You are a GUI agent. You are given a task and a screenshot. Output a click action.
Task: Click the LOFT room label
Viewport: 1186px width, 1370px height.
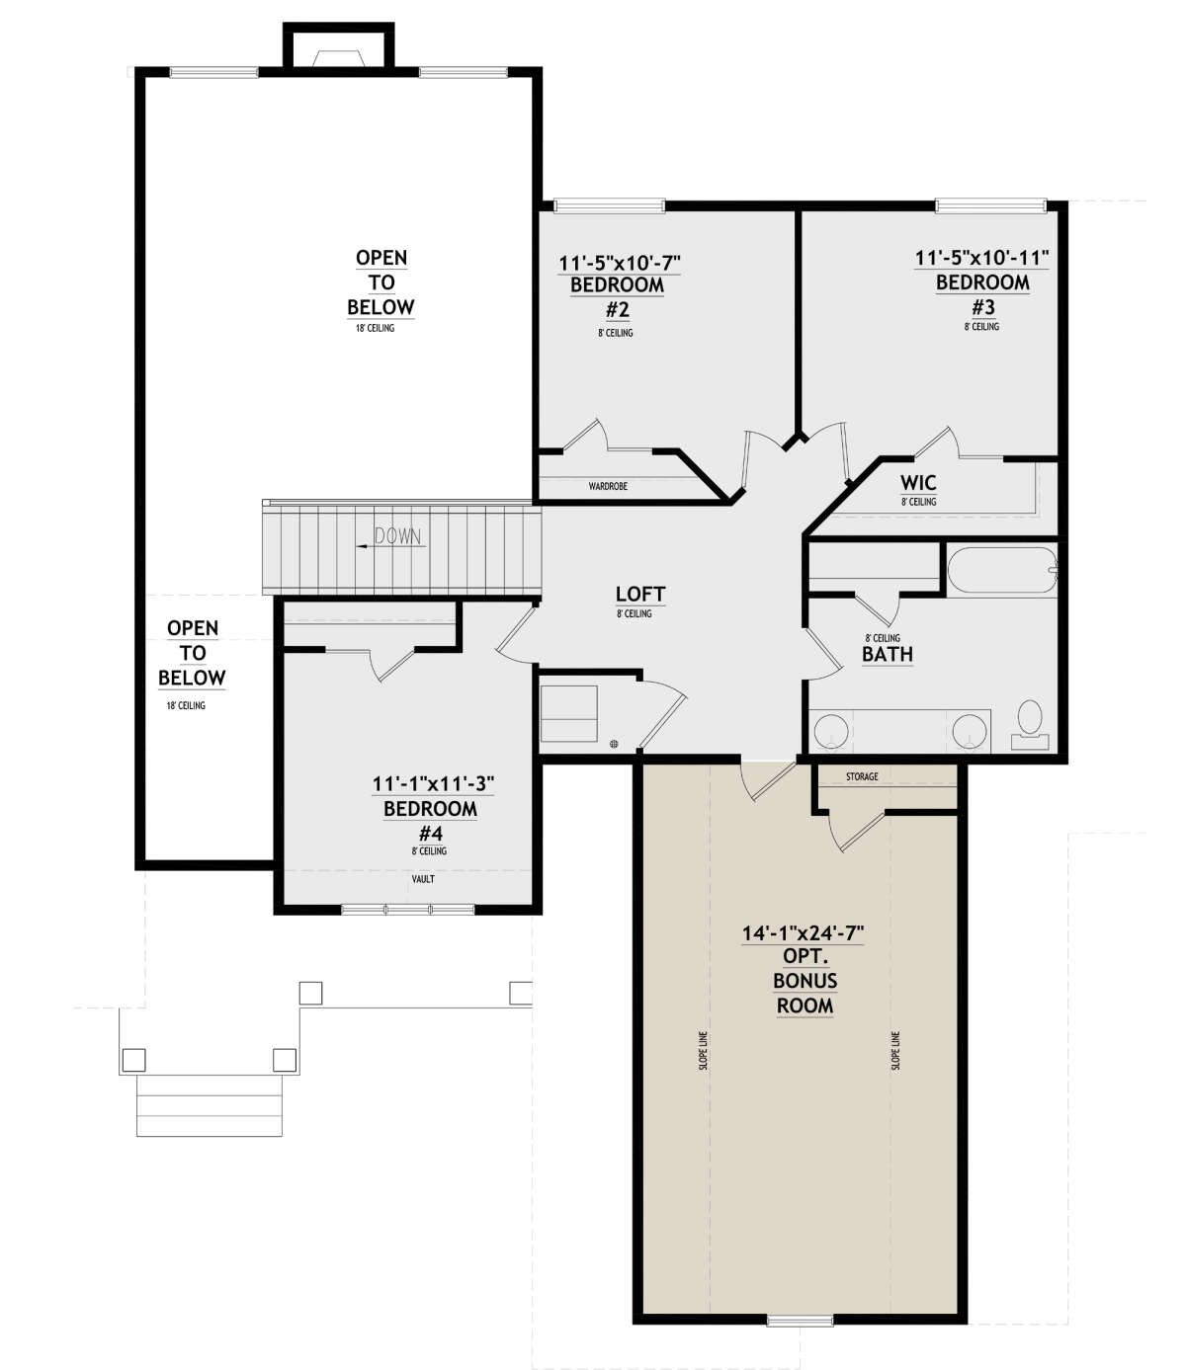(x=639, y=594)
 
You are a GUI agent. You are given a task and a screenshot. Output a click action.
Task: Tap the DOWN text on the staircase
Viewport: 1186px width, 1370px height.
(x=397, y=537)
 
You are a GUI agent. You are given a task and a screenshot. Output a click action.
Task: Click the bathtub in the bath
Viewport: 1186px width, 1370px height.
(x=1001, y=571)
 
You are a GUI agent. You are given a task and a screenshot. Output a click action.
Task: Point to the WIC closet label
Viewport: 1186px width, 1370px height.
(x=918, y=483)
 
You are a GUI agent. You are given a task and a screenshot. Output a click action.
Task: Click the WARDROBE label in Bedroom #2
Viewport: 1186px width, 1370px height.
(x=608, y=486)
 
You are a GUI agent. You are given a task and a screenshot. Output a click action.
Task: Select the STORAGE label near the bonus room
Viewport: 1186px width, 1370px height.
(x=862, y=776)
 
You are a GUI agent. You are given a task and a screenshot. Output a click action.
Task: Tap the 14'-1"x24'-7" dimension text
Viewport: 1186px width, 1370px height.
(x=804, y=932)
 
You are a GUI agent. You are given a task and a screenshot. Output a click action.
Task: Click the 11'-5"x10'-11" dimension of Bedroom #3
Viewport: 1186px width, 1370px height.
(x=981, y=258)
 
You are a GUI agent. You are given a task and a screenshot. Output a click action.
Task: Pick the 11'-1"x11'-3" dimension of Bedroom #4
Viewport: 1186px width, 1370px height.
(x=433, y=784)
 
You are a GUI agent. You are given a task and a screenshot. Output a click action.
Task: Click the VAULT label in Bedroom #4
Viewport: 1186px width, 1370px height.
(x=423, y=878)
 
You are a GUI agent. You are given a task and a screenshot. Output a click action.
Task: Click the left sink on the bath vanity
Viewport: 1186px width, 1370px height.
(x=831, y=732)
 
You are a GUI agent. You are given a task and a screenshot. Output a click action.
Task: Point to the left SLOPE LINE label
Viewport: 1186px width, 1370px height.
(x=704, y=1051)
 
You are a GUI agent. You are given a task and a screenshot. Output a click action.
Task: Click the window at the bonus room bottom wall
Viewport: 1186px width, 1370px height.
(x=800, y=1319)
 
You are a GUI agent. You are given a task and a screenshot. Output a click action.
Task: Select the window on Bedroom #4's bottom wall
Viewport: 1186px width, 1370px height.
(x=407, y=909)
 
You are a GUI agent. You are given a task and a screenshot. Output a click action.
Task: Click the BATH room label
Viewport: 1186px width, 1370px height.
(x=887, y=654)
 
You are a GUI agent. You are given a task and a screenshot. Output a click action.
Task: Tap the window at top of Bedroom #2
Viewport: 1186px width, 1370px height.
(x=609, y=205)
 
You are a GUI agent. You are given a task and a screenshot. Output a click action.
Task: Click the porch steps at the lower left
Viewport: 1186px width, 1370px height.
(x=210, y=1105)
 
